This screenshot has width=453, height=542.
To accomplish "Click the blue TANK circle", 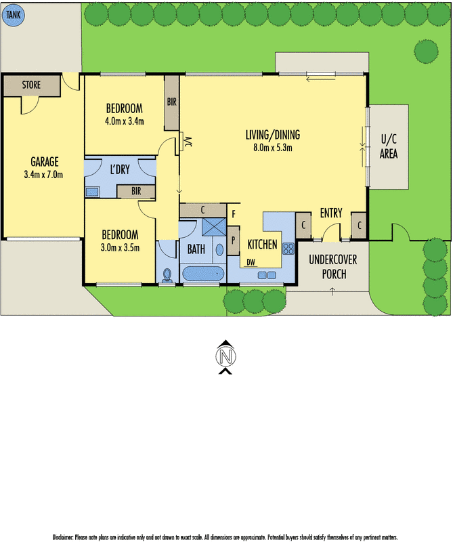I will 13,14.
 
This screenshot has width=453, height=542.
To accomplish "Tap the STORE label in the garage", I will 31,85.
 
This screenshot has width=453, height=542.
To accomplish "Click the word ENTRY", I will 331,213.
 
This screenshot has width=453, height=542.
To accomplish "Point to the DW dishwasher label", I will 251,262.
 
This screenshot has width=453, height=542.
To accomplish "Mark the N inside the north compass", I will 226,355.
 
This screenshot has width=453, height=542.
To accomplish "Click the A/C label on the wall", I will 188,143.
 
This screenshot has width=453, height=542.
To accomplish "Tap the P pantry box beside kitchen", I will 233,239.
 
